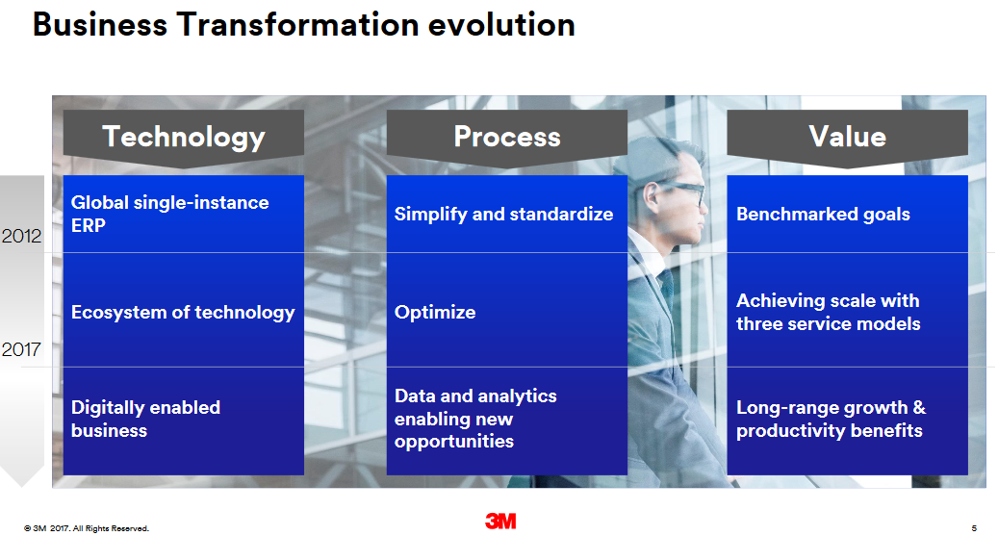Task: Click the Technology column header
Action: click(x=183, y=138)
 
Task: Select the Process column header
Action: click(x=506, y=138)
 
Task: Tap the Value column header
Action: click(x=847, y=138)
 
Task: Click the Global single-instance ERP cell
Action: click(x=183, y=214)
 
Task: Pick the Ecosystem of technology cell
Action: click(x=183, y=310)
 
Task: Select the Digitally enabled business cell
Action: click(x=183, y=421)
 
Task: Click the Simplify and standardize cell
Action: click(x=506, y=214)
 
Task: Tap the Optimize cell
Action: click(x=506, y=310)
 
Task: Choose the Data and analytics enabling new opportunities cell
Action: click(x=506, y=421)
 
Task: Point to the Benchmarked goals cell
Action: click(x=847, y=214)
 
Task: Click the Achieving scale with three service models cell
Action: click(x=847, y=310)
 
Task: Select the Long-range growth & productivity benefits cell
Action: click(x=847, y=421)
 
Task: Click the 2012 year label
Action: click(x=21, y=236)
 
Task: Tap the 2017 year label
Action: click(x=21, y=349)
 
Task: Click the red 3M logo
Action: click(x=500, y=522)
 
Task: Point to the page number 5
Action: click(x=974, y=528)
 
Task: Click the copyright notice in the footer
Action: click(x=87, y=528)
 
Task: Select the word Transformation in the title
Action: click(x=298, y=25)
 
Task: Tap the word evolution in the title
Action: click(x=501, y=25)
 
